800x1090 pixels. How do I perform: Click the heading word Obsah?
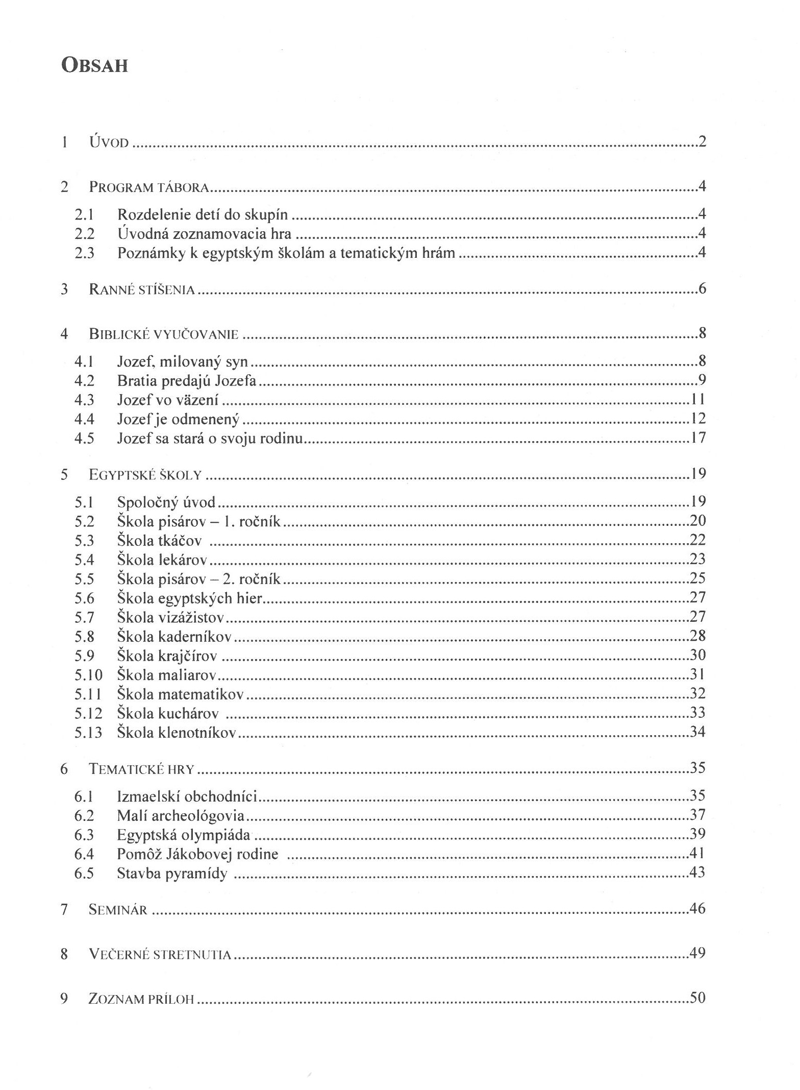click(x=94, y=66)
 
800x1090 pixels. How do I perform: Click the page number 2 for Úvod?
click(x=702, y=141)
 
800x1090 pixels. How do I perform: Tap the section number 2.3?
click(x=85, y=253)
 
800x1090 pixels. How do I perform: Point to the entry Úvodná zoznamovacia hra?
click(x=204, y=234)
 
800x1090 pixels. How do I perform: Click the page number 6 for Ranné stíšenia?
click(x=702, y=289)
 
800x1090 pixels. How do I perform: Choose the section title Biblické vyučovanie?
click(x=164, y=334)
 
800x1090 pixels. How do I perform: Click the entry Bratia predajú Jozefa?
click(x=187, y=381)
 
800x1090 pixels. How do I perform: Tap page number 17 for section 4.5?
click(x=698, y=438)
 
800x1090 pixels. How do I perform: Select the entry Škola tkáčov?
click(x=159, y=541)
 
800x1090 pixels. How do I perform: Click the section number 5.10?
click(x=88, y=675)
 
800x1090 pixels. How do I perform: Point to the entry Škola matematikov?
click(x=180, y=694)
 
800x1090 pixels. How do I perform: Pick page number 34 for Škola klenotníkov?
click(x=697, y=732)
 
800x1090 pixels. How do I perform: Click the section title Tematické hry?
click(x=142, y=769)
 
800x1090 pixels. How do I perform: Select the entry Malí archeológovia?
click(x=181, y=815)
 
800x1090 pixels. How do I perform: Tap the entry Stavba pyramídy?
click(x=172, y=874)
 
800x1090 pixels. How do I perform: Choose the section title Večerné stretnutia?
click(x=160, y=954)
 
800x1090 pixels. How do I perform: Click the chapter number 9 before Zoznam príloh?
click(x=64, y=998)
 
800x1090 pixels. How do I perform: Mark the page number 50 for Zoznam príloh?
click(x=697, y=997)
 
